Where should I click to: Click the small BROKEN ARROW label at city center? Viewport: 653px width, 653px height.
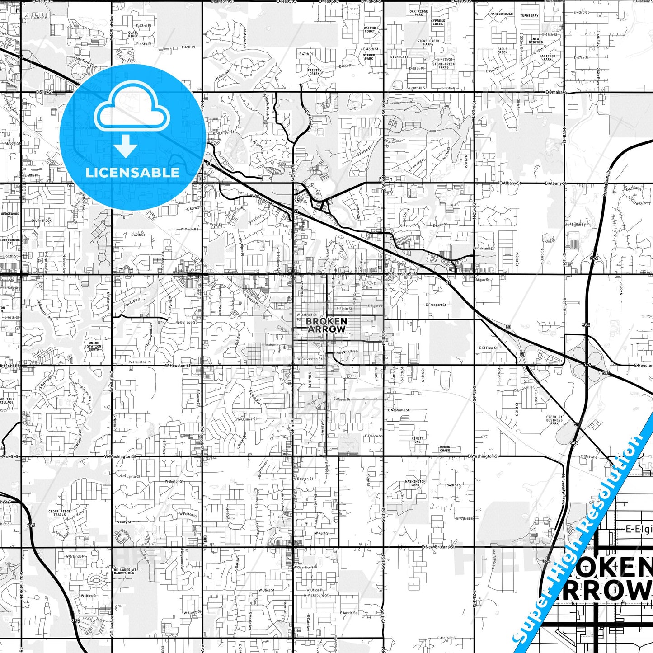[x=326, y=325]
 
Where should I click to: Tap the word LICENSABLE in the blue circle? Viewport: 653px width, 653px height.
[x=132, y=172]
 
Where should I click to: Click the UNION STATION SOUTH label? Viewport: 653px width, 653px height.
[x=94, y=346]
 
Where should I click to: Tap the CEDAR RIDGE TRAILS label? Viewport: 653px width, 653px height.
[x=60, y=513]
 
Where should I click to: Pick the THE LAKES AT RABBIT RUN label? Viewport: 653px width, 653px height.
[x=124, y=571]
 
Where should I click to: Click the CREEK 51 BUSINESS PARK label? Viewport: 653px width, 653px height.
[x=554, y=420]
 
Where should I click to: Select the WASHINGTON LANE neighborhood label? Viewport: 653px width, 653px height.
[x=415, y=483]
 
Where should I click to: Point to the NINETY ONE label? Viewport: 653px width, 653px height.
[x=418, y=440]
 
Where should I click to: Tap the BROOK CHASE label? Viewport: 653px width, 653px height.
[x=445, y=449]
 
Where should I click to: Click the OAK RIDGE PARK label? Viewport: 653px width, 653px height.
[x=418, y=13]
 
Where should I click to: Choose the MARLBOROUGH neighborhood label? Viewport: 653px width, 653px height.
[x=502, y=14]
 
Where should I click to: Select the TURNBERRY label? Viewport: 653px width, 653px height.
[x=529, y=15]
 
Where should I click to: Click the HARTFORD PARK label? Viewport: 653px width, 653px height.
[x=547, y=58]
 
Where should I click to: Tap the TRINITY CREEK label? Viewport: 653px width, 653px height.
[x=315, y=72]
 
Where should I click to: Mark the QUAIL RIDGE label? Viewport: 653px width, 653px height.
[x=133, y=34]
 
